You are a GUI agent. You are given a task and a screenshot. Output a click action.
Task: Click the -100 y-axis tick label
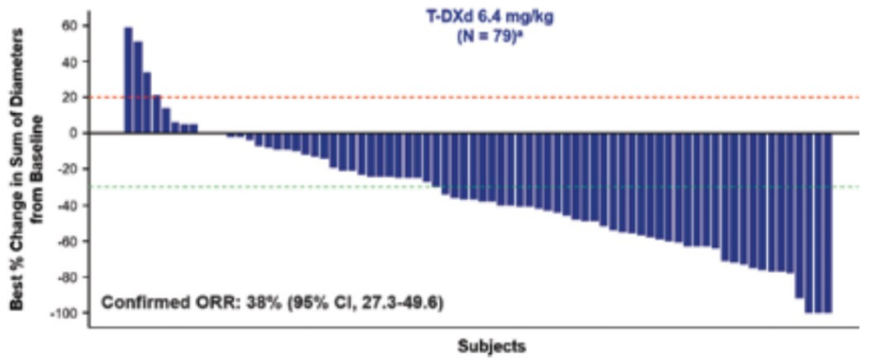click(64, 312)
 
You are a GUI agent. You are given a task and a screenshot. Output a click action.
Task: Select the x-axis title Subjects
click(491, 346)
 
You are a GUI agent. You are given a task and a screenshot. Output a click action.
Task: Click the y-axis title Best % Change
click(26, 165)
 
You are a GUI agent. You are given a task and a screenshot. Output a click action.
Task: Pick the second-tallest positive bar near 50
click(137, 87)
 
